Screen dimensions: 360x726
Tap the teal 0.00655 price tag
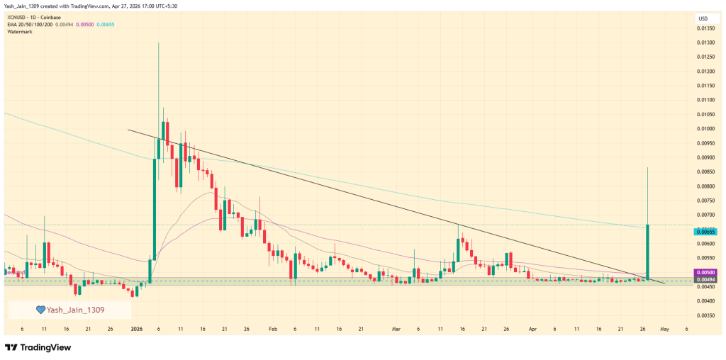point(705,232)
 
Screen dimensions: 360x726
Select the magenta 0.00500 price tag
point(705,272)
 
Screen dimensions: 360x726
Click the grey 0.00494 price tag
point(705,279)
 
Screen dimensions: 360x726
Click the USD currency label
point(703,18)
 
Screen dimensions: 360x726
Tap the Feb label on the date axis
point(272,330)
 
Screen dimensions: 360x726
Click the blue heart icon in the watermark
point(41,310)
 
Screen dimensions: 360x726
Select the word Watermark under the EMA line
point(21,31)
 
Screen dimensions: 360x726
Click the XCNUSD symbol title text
point(19,17)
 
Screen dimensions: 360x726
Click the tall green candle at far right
point(648,252)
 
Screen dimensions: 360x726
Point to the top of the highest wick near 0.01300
point(158,43)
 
